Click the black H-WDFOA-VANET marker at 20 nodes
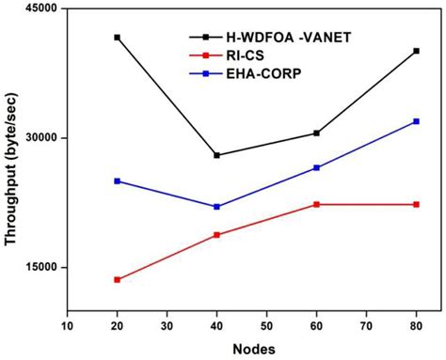117,38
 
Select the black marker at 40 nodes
216,155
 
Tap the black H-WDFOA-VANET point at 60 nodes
316,133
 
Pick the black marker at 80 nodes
416,51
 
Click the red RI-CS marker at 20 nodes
117,279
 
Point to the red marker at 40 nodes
216,235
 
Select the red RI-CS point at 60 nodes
316,204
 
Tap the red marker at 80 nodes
416,204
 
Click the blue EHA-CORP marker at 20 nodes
117,180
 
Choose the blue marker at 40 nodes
216,207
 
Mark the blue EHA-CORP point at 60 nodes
316,167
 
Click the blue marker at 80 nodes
416,121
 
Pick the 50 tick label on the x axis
266,326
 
